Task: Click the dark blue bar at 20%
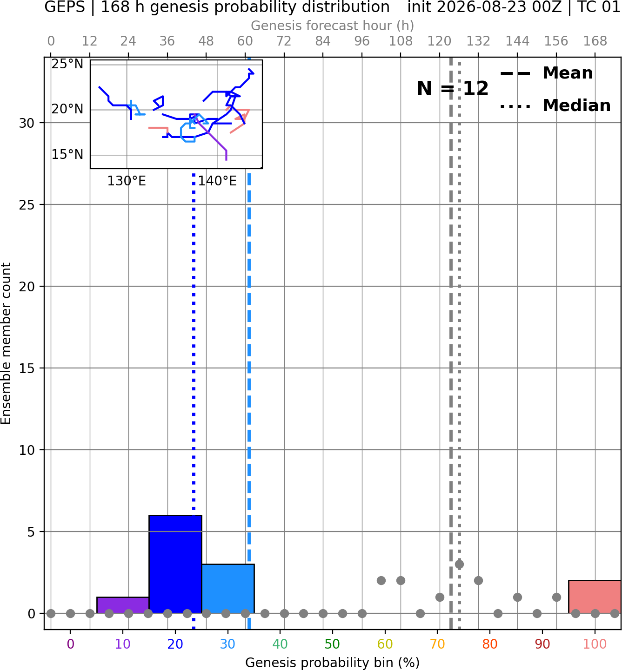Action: pos(175,565)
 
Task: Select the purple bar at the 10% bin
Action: pos(123,605)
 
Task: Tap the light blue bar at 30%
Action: pos(228,589)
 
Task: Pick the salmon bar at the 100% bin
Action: pos(595,597)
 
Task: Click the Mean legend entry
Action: pos(546,73)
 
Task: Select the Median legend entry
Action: pos(555,105)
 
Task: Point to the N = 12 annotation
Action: pos(453,88)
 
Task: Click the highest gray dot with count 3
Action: pos(459,564)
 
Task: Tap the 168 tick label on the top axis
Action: pos(595,41)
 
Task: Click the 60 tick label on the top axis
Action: pos(245,41)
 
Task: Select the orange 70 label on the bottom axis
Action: pos(437,644)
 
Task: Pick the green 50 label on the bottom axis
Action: pos(332,644)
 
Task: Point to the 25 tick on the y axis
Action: pos(27,205)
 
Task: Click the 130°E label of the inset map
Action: pos(127,181)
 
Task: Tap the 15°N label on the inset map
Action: pos(67,155)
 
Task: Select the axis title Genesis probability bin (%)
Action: pos(333,663)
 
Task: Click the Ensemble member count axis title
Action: pos(6,343)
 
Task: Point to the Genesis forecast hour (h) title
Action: pos(333,26)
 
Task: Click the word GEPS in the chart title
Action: pos(65,7)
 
